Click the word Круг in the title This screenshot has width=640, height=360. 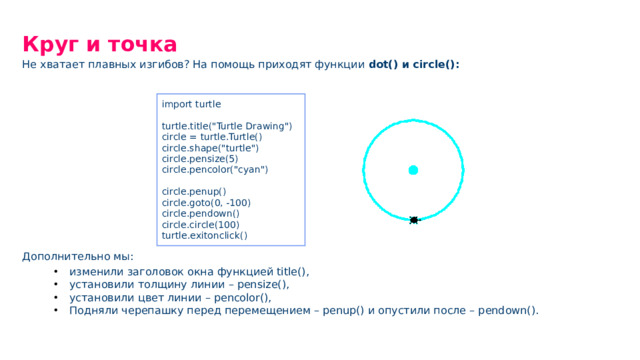[x=50, y=44]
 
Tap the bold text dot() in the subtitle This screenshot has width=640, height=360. [x=383, y=64]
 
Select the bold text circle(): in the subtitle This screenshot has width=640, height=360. [x=436, y=64]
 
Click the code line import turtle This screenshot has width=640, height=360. [x=191, y=104]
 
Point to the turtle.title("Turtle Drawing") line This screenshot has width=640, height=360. [x=227, y=126]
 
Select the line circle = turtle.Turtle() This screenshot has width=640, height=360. [x=212, y=137]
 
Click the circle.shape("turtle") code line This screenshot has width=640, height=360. [x=210, y=148]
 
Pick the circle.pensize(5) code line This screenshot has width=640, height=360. [x=200, y=159]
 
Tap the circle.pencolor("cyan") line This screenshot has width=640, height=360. [x=215, y=169]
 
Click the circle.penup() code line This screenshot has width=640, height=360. [x=194, y=191]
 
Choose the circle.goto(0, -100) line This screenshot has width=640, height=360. [x=206, y=202]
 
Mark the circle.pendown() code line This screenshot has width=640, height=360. [x=200, y=213]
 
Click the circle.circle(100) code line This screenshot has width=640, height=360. [x=200, y=224]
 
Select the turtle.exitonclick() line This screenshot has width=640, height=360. [x=204, y=236]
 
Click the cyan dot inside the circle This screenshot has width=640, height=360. [x=413, y=170]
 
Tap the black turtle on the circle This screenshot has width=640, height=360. [x=414, y=220]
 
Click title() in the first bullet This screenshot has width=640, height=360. [x=292, y=271]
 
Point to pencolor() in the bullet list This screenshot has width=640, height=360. [x=242, y=298]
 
